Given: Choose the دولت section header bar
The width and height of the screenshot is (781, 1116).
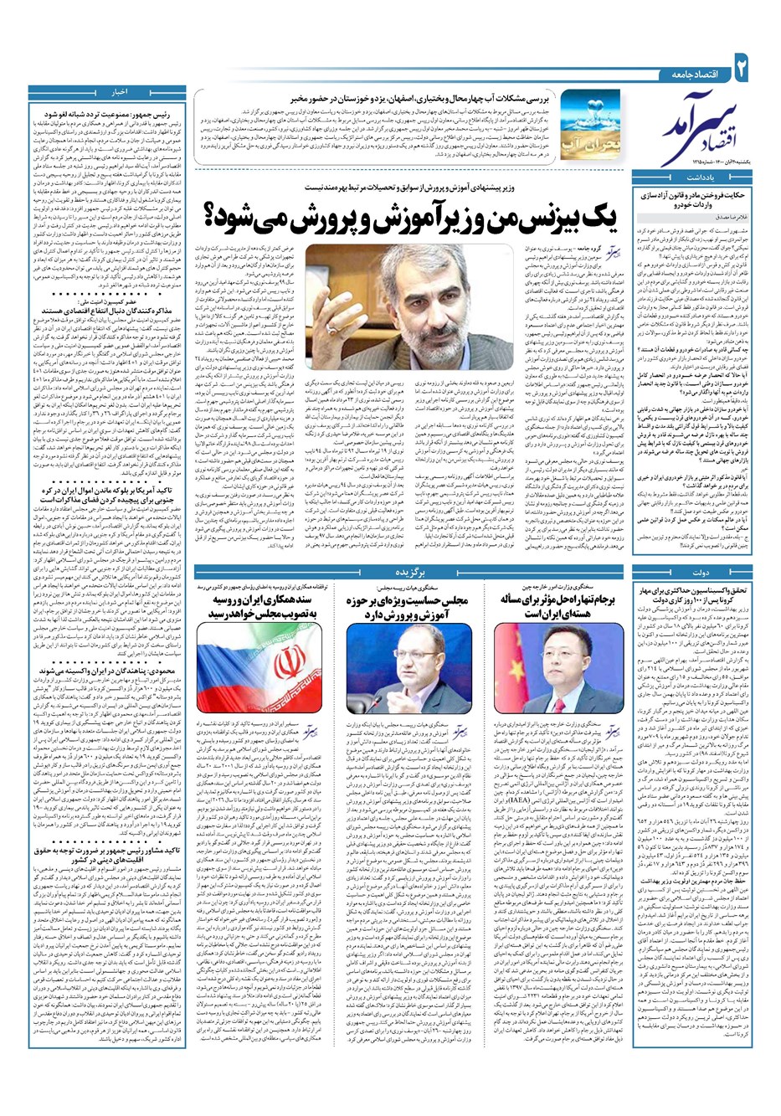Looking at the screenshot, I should [x=703, y=548].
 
